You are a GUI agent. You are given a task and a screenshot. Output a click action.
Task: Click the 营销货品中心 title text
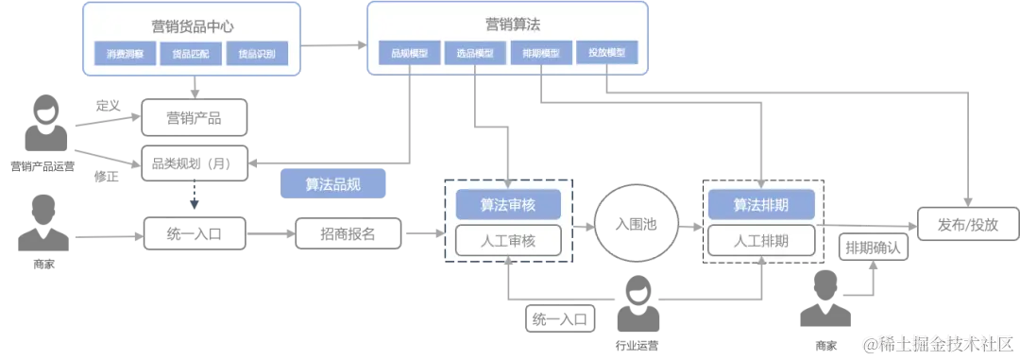192,26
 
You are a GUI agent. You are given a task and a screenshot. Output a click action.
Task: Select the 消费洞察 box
126,55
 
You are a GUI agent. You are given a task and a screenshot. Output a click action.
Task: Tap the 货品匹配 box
192,55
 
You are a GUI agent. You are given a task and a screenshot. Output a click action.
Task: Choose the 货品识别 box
257,55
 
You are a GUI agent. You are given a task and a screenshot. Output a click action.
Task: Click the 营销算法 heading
508,24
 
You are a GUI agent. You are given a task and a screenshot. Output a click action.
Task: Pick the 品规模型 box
409,53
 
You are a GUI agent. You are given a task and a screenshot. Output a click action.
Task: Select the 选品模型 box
475,53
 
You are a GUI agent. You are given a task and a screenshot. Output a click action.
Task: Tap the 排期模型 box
540,53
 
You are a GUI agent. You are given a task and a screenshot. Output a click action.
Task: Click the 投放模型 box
606,53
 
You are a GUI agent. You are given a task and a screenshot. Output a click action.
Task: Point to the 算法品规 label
333,184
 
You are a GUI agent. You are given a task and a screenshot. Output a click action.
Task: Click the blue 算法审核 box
508,204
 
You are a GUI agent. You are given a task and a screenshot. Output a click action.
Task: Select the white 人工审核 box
508,241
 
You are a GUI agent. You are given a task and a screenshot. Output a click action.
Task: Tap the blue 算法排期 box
761,204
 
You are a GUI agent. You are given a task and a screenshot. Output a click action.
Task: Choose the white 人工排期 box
761,241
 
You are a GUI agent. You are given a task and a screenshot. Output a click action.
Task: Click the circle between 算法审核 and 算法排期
633,223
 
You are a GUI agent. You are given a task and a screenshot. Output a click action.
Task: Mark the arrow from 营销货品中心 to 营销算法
333,43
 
